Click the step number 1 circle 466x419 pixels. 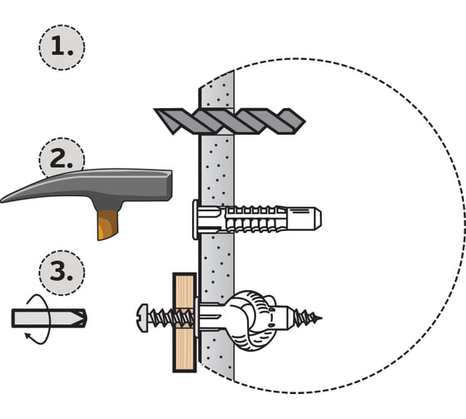62,47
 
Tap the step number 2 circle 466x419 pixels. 62,157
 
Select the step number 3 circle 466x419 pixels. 62,273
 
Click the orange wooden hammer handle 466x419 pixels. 107,224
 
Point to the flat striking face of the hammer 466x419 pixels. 170,185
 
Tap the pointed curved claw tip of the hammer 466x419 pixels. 2,200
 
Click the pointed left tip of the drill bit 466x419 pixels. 155,110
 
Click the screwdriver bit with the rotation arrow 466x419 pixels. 49,318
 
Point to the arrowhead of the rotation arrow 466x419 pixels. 27,336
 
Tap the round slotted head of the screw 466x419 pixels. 142,318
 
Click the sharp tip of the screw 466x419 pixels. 320,318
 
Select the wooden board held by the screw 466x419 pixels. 185,323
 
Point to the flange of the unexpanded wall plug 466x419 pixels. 195,219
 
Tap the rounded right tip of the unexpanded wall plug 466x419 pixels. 318,219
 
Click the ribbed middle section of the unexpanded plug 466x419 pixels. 253,219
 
